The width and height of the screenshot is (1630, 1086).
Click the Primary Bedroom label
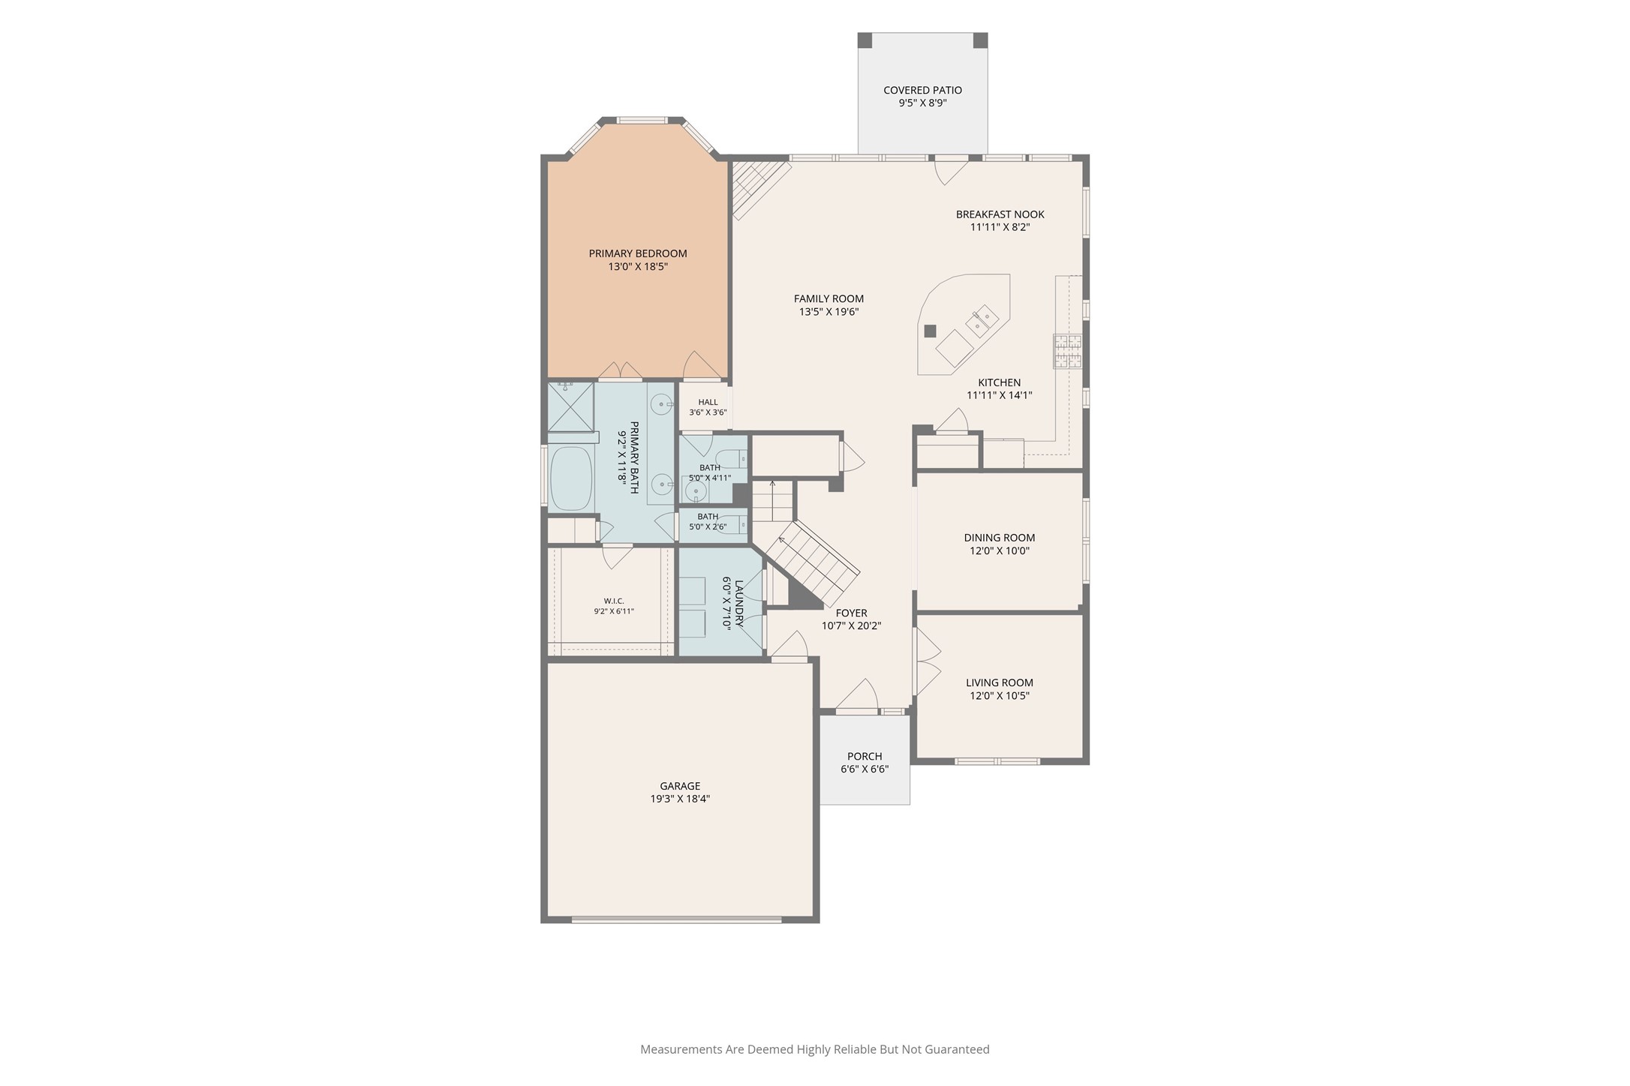[638, 253]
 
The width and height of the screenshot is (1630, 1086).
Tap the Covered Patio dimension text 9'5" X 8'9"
[922, 103]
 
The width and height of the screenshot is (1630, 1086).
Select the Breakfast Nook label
[1000, 214]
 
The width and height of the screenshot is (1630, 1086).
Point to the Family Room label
[829, 298]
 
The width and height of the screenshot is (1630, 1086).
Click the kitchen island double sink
[982, 321]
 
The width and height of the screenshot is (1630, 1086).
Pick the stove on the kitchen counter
[1068, 351]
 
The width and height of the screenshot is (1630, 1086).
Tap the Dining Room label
[1000, 538]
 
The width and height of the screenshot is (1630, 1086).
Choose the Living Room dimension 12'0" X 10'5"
[1000, 695]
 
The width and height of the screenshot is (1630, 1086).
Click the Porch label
[865, 756]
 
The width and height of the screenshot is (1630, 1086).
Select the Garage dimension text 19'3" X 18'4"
[680, 799]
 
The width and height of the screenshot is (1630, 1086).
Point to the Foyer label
[851, 613]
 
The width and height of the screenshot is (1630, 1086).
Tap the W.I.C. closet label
[614, 601]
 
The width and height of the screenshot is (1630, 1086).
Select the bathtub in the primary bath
[571, 478]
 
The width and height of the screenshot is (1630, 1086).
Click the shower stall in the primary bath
[570, 406]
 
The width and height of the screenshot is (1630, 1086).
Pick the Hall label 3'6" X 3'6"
[708, 407]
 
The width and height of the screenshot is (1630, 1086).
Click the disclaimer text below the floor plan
[815, 1049]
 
